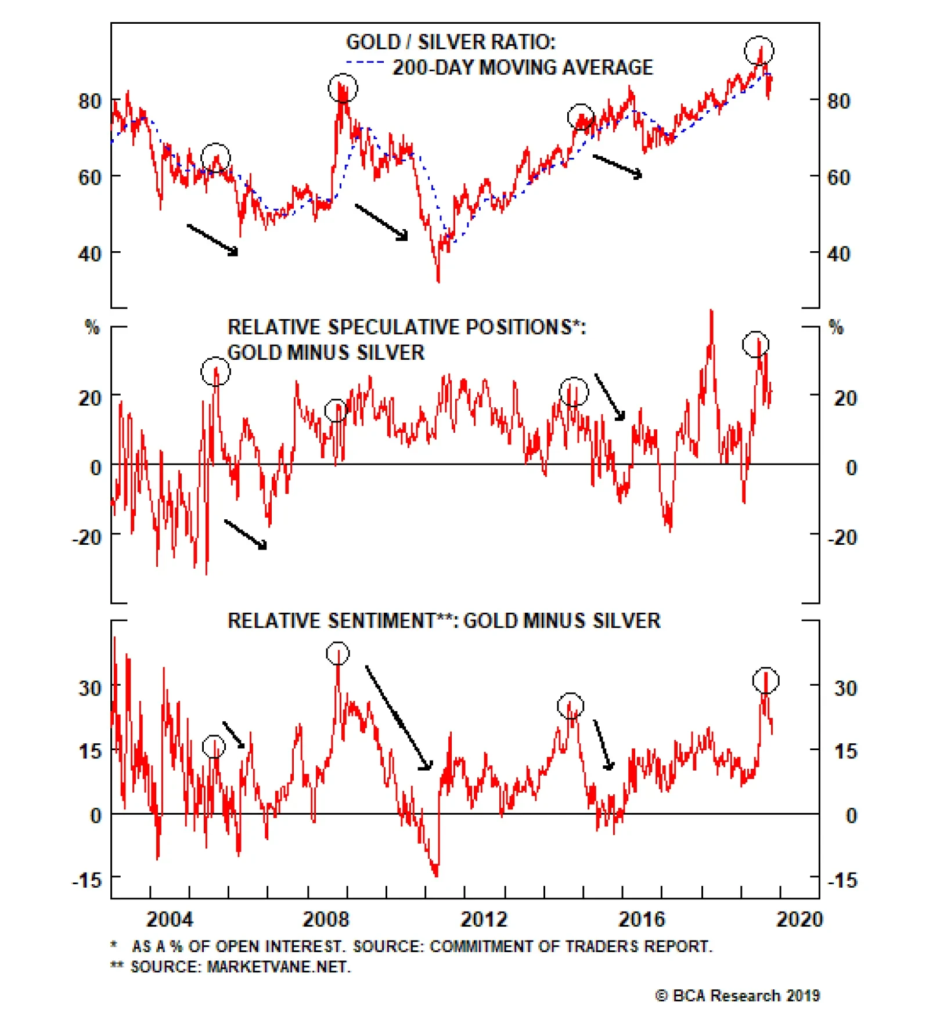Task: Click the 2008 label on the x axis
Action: [326, 919]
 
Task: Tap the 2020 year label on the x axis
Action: [800, 919]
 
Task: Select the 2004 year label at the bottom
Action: [169, 919]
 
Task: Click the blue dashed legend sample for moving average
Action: [365, 62]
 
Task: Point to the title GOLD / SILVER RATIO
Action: [451, 42]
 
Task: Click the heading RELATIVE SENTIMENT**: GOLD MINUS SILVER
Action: [444, 621]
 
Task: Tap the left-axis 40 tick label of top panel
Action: [90, 254]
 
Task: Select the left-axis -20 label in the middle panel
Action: [87, 537]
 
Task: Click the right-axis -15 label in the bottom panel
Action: [842, 880]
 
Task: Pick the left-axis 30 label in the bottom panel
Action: [91, 688]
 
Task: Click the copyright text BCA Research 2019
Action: [737, 996]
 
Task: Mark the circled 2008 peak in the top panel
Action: [343, 88]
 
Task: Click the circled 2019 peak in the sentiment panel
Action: [766, 680]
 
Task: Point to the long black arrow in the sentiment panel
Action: [398, 718]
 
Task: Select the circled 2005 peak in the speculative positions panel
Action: [215, 371]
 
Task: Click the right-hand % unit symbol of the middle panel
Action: [836, 327]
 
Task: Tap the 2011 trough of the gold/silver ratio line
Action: [438, 279]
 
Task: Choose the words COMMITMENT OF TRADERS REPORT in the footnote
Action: [570, 947]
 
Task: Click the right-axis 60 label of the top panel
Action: [838, 177]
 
